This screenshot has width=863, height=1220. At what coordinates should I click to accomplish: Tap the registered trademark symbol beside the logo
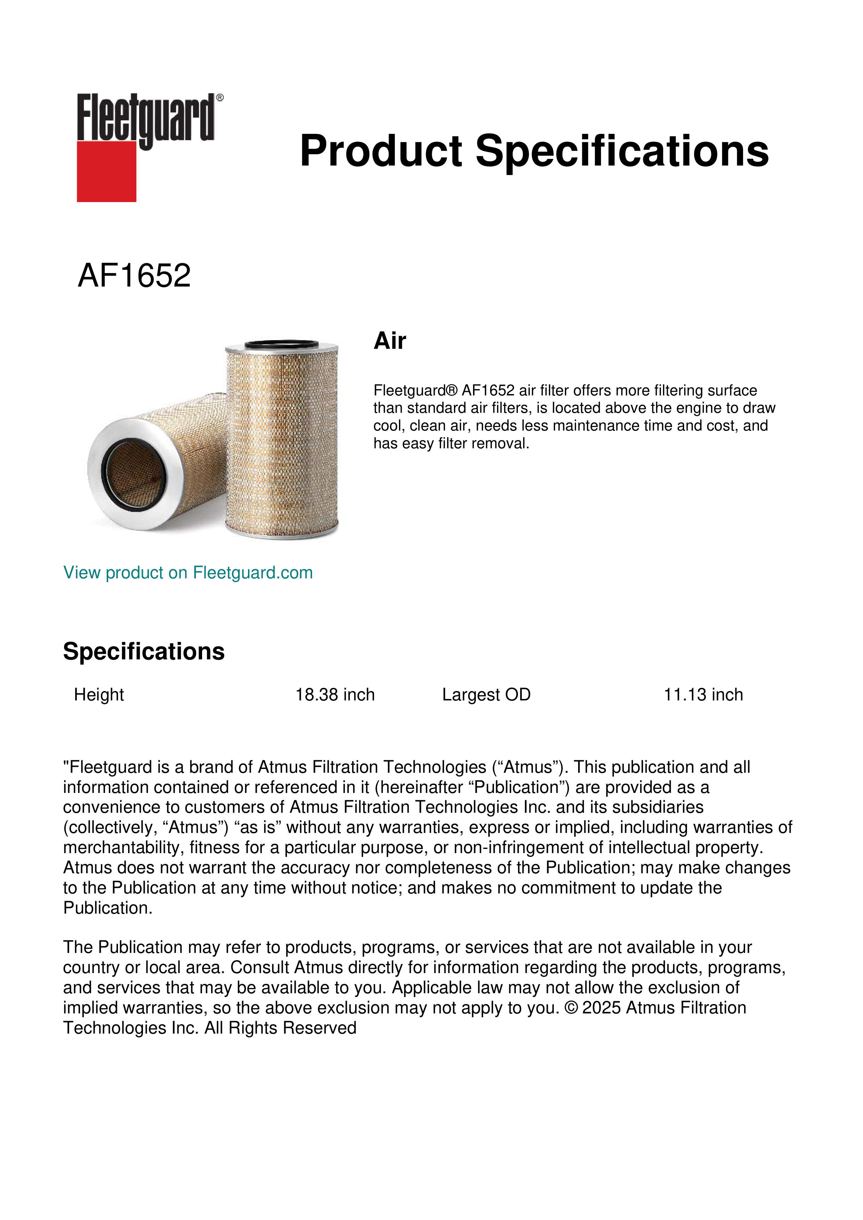click(220, 98)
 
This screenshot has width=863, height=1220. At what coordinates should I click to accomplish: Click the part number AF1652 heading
click(134, 276)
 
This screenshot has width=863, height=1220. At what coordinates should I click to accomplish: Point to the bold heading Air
click(390, 341)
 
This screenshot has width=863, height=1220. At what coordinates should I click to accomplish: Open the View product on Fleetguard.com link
click(187, 573)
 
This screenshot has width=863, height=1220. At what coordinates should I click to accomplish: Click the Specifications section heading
click(143, 651)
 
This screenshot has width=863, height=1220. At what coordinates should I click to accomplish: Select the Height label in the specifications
click(99, 695)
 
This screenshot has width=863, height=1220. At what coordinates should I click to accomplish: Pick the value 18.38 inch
click(335, 695)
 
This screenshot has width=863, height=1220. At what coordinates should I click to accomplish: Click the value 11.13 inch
click(703, 695)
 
